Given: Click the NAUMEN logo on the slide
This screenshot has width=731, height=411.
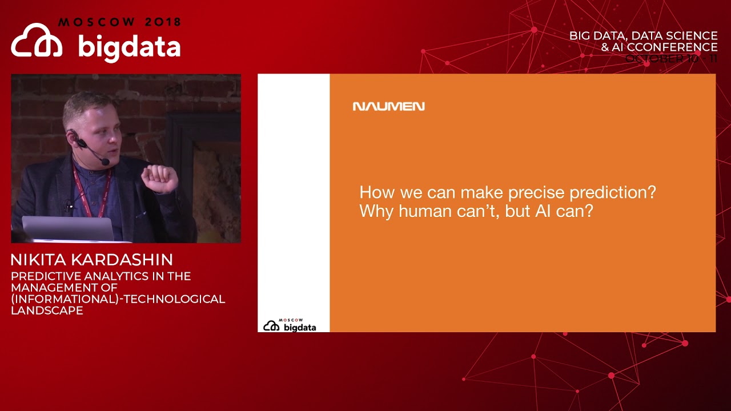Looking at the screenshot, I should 388,106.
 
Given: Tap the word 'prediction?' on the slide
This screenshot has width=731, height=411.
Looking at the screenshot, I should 619,192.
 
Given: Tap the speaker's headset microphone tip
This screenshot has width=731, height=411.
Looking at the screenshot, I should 105,162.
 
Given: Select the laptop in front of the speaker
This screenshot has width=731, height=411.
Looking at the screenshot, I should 69,229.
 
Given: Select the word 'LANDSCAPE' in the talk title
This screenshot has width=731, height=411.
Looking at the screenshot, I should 47,311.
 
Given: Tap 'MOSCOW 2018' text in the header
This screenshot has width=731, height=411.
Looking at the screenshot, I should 119,22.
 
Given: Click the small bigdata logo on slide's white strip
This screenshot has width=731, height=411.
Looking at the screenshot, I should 290,326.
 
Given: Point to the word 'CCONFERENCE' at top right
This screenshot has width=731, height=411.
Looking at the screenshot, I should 672,47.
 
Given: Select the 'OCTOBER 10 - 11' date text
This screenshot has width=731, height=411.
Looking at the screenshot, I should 671,58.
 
